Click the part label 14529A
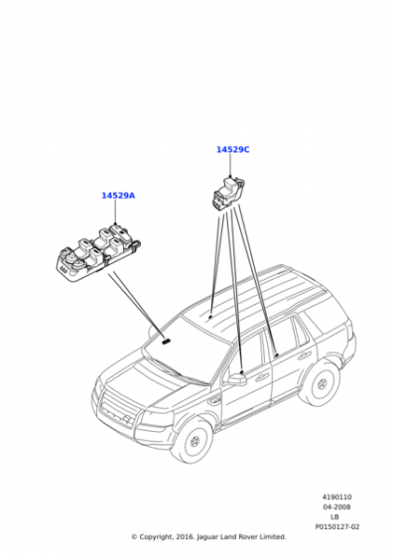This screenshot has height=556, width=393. tap(118, 196)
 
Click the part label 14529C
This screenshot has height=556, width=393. tap(233, 150)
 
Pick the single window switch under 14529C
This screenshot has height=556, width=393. tap(228, 194)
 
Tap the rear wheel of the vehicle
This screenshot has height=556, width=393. tap(322, 383)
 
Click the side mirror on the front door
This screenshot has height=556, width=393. tap(236, 379)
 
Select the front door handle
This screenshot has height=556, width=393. tap(262, 377)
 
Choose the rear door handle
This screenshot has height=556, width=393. tap(305, 355)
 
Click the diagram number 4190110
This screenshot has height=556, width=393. tap(337, 497)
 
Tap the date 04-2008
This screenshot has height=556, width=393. tap(337, 507)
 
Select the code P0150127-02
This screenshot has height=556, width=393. tap(337, 527)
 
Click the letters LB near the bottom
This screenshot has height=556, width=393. tap(334, 517)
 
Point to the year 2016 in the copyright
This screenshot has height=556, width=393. tap(184, 537)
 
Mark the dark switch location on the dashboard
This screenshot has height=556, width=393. tap(166, 342)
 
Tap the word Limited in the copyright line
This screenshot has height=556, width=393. tap(274, 537)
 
